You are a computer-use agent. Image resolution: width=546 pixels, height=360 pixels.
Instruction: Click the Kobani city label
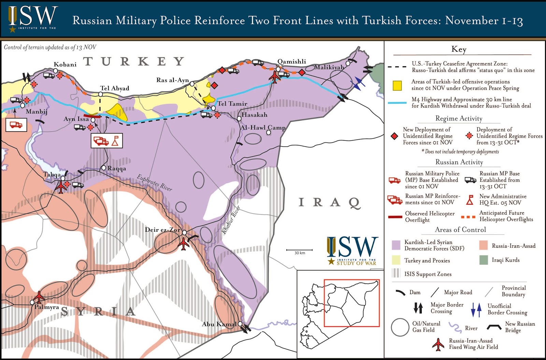click(65, 64)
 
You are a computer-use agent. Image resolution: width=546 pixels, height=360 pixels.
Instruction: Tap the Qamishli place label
click(291, 61)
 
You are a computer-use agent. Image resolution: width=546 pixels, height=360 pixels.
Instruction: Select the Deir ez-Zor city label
click(162, 230)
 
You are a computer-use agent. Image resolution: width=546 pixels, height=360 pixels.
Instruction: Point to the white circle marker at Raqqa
click(104, 168)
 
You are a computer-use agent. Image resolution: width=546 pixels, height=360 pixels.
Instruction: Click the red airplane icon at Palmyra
click(39, 297)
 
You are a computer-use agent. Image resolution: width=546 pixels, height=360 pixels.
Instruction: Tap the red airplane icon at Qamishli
click(274, 77)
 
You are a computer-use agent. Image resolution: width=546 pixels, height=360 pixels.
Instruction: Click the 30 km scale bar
click(299, 250)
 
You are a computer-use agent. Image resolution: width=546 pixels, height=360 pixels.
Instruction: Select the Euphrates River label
click(154, 183)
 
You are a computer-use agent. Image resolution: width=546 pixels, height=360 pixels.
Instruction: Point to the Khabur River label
click(231, 220)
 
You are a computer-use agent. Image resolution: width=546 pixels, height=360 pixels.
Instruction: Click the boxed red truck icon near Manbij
click(16, 125)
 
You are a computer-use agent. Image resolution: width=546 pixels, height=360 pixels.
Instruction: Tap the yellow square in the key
click(397, 85)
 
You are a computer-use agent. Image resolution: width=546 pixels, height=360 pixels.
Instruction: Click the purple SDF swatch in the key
click(396, 245)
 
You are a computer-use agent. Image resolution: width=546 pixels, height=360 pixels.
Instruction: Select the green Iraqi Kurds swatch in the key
click(483, 260)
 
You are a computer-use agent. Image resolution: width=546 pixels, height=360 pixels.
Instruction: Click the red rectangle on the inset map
click(351, 303)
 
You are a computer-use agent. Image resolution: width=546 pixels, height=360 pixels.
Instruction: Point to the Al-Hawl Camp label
click(263, 128)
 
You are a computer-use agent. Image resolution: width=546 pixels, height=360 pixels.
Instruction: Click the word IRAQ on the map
click(330, 202)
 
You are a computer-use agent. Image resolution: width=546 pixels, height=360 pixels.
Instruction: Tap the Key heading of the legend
click(459, 49)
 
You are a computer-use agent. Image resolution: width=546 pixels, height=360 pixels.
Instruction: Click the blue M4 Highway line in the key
click(397, 103)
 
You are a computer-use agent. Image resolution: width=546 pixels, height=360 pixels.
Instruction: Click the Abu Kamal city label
click(219, 324)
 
